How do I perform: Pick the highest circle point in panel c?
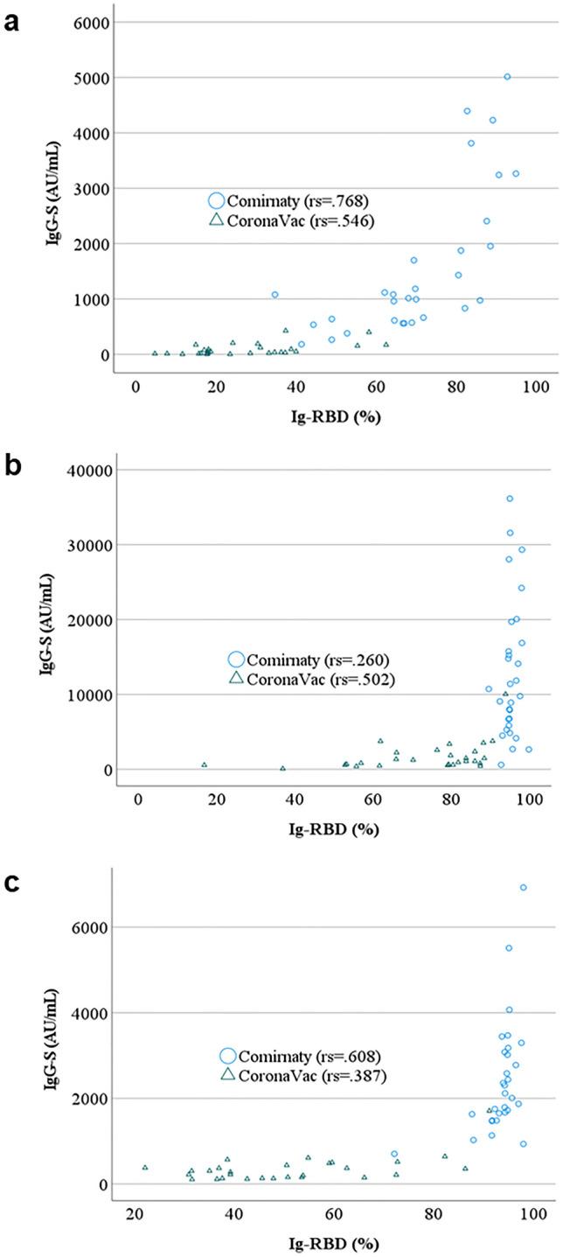tap(523, 887)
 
